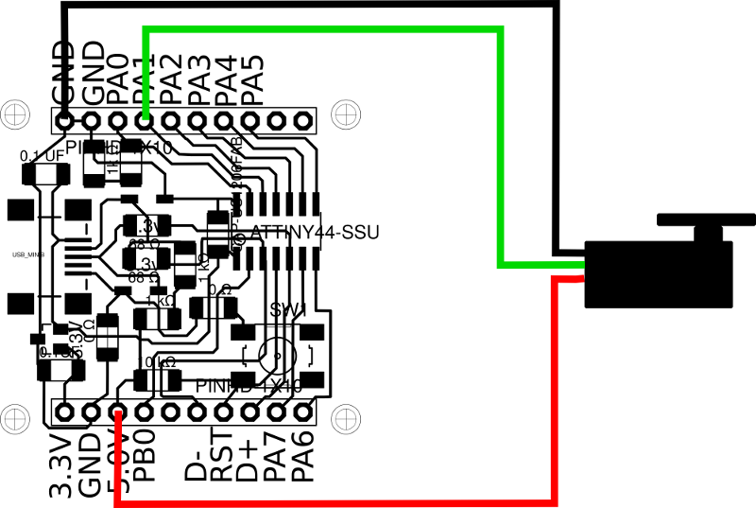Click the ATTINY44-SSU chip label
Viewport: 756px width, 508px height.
314,233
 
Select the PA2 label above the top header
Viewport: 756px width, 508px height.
171,79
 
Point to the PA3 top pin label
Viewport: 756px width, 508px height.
198,79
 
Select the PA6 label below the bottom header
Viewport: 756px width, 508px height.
302,458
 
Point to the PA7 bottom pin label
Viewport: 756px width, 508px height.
277,458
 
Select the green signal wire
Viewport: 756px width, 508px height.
321,31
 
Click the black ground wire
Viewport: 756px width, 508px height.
312,5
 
